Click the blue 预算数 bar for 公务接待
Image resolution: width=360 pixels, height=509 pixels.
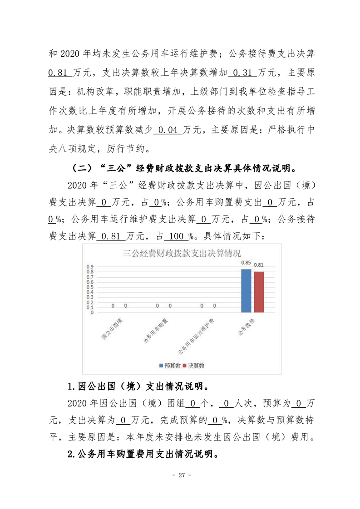pyautogui.click(x=246, y=291)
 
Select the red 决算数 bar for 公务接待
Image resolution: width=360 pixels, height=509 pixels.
pyautogui.click(x=259, y=292)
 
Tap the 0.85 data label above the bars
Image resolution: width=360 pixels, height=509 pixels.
pyautogui.click(x=246, y=263)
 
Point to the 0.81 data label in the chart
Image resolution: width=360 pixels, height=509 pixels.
pyautogui.click(x=259, y=264)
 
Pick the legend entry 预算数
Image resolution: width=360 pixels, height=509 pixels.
pyautogui.click(x=171, y=365)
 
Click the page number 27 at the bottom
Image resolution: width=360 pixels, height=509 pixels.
pyautogui.click(x=180, y=475)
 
